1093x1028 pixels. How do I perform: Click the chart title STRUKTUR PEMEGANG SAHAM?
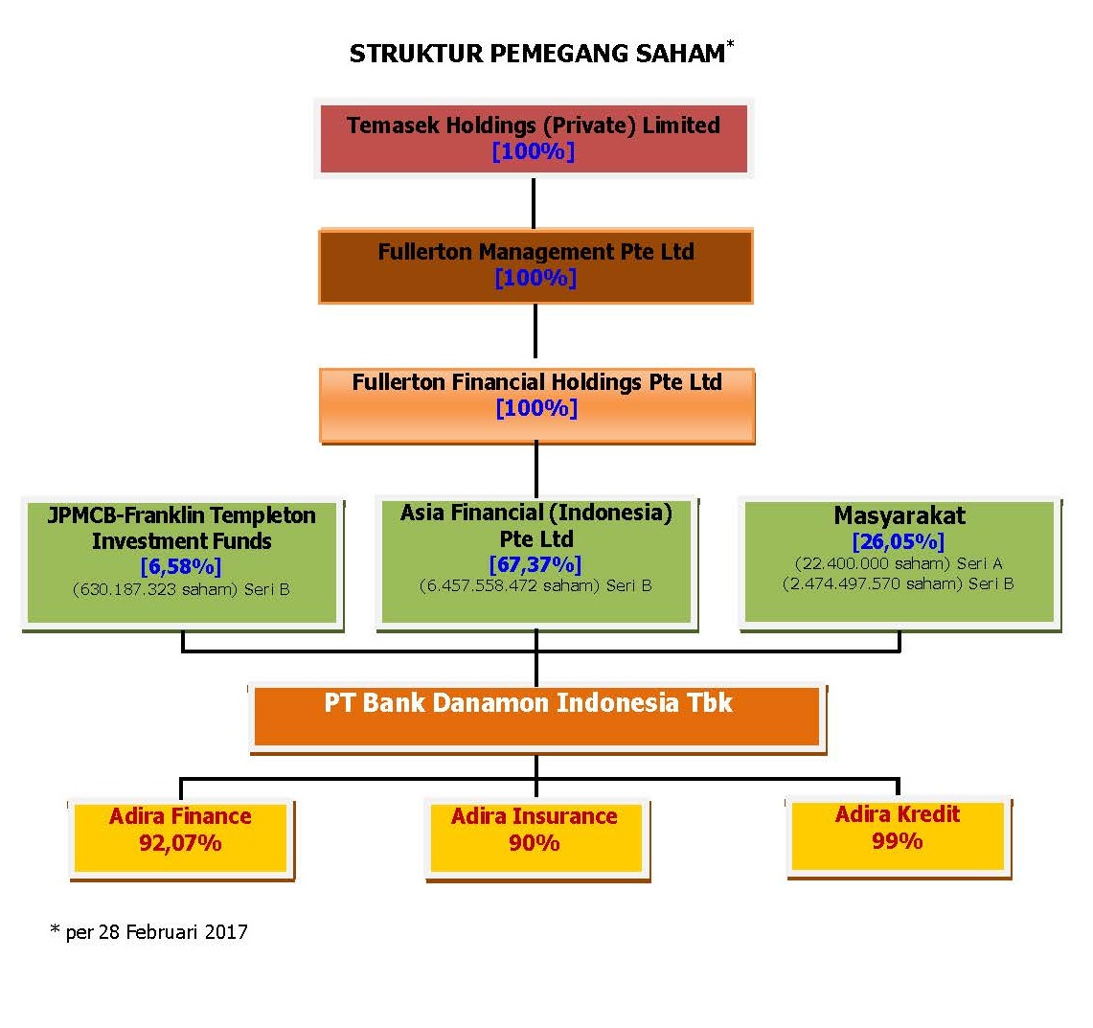pyautogui.click(x=537, y=54)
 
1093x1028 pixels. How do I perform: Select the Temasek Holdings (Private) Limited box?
pyautogui.click(x=534, y=138)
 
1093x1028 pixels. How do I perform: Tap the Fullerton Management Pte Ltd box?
pyautogui.click(x=535, y=265)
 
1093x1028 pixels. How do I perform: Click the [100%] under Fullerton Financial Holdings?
pyautogui.click(x=536, y=408)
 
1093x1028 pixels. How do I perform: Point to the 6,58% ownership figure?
pyautogui.click(x=180, y=566)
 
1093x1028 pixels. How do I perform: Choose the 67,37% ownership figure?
pyautogui.click(x=535, y=564)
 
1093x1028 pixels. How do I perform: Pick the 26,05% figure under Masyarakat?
pyautogui.click(x=898, y=541)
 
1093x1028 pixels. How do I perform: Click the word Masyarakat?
pyautogui.click(x=899, y=515)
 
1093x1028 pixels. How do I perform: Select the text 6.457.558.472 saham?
pyautogui.click(x=509, y=585)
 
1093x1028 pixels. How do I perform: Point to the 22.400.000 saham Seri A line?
pyautogui.click(x=898, y=563)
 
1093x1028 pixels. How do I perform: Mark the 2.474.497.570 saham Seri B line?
pyautogui.click(x=898, y=583)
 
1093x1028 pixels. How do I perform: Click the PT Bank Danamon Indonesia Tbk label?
pyautogui.click(x=528, y=702)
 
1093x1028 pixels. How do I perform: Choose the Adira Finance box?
pyautogui.click(x=181, y=839)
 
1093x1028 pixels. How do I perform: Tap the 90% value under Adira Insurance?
pyautogui.click(x=534, y=842)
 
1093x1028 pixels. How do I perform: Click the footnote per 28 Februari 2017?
pyautogui.click(x=149, y=932)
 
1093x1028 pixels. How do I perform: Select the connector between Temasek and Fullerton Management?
pyautogui.click(x=534, y=203)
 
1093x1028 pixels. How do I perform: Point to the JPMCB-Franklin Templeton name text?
pyautogui.click(x=181, y=528)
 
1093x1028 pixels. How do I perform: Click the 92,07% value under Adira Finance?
pyautogui.click(x=180, y=842)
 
